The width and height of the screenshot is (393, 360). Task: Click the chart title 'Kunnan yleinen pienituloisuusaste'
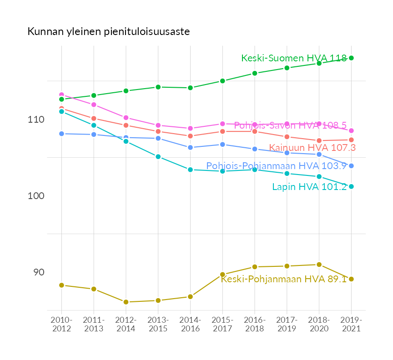[x=108, y=32]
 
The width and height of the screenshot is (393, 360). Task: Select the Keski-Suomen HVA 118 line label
[x=294, y=58]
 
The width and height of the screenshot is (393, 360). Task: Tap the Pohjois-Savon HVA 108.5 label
[x=290, y=125]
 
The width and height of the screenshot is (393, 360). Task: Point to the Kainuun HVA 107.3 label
[x=312, y=147]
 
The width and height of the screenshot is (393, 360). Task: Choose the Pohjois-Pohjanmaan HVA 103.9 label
[x=277, y=166]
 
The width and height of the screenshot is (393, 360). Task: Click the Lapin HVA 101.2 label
[x=309, y=187]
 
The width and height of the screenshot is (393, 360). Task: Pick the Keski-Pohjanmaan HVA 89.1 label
[x=284, y=279]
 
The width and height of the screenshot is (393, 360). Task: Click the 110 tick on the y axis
[x=36, y=120]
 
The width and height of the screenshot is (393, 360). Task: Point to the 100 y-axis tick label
[x=36, y=196]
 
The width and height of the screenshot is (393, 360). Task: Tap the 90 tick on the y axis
[x=38, y=272]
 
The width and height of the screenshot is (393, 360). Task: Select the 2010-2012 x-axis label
[x=61, y=325]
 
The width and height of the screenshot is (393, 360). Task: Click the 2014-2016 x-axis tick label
[x=190, y=325]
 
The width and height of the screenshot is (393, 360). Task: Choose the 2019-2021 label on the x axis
[x=351, y=325]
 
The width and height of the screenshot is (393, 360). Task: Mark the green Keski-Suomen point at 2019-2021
[x=351, y=58]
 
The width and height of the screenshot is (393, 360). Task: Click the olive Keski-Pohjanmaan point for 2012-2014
[x=126, y=302]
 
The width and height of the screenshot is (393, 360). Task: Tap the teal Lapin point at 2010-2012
[x=61, y=111]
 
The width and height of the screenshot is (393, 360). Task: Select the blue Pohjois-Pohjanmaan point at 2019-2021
[x=351, y=166]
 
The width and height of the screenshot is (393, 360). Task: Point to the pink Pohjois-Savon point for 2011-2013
[x=94, y=105]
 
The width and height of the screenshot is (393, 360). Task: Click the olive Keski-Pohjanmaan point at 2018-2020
[x=319, y=265]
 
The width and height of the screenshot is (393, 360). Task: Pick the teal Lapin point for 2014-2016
[x=190, y=170]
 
